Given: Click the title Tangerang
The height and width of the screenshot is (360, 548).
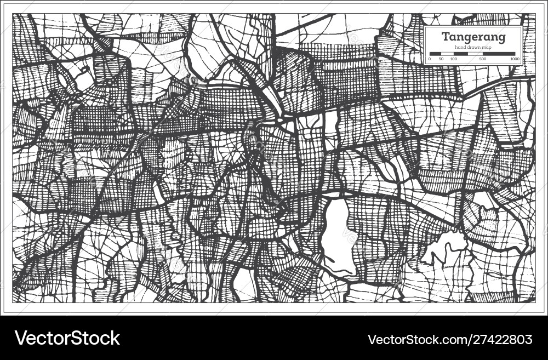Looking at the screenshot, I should (x=474, y=37).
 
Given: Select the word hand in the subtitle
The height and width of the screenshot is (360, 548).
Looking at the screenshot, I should (x=461, y=47).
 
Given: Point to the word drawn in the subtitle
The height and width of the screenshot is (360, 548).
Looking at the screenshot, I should (x=474, y=47).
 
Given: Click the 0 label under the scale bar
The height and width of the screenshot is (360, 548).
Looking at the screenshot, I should (x=430, y=59).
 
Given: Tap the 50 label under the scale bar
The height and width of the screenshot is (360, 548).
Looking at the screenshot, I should (x=442, y=59).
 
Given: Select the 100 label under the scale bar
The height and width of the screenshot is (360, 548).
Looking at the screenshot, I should (x=454, y=59).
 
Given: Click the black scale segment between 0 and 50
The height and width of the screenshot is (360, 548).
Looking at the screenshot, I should (x=436, y=54).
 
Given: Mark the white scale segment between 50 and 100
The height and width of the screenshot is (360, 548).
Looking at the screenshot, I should (x=448, y=54).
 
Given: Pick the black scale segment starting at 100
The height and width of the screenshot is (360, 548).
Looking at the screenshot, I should (x=460, y=54).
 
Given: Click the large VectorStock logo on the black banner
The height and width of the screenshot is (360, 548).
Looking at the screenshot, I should (x=67, y=338).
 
